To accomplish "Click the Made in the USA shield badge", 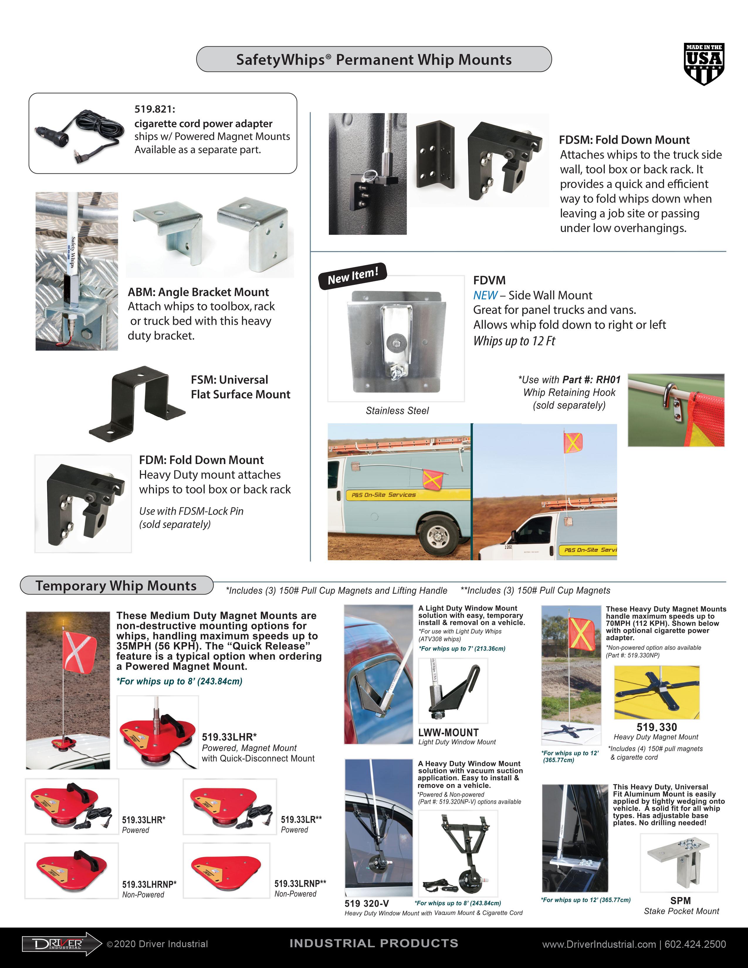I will click(704, 64).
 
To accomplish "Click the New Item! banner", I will click(353, 276).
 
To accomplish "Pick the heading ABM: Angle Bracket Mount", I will click(198, 292).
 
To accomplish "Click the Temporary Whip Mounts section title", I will click(116, 585).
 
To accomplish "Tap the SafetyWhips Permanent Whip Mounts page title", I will click(373, 59).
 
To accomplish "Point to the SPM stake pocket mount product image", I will click(678, 862).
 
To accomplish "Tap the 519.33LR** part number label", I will click(301, 820).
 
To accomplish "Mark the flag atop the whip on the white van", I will click(573, 442).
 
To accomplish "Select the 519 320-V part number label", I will click(366, 903).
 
